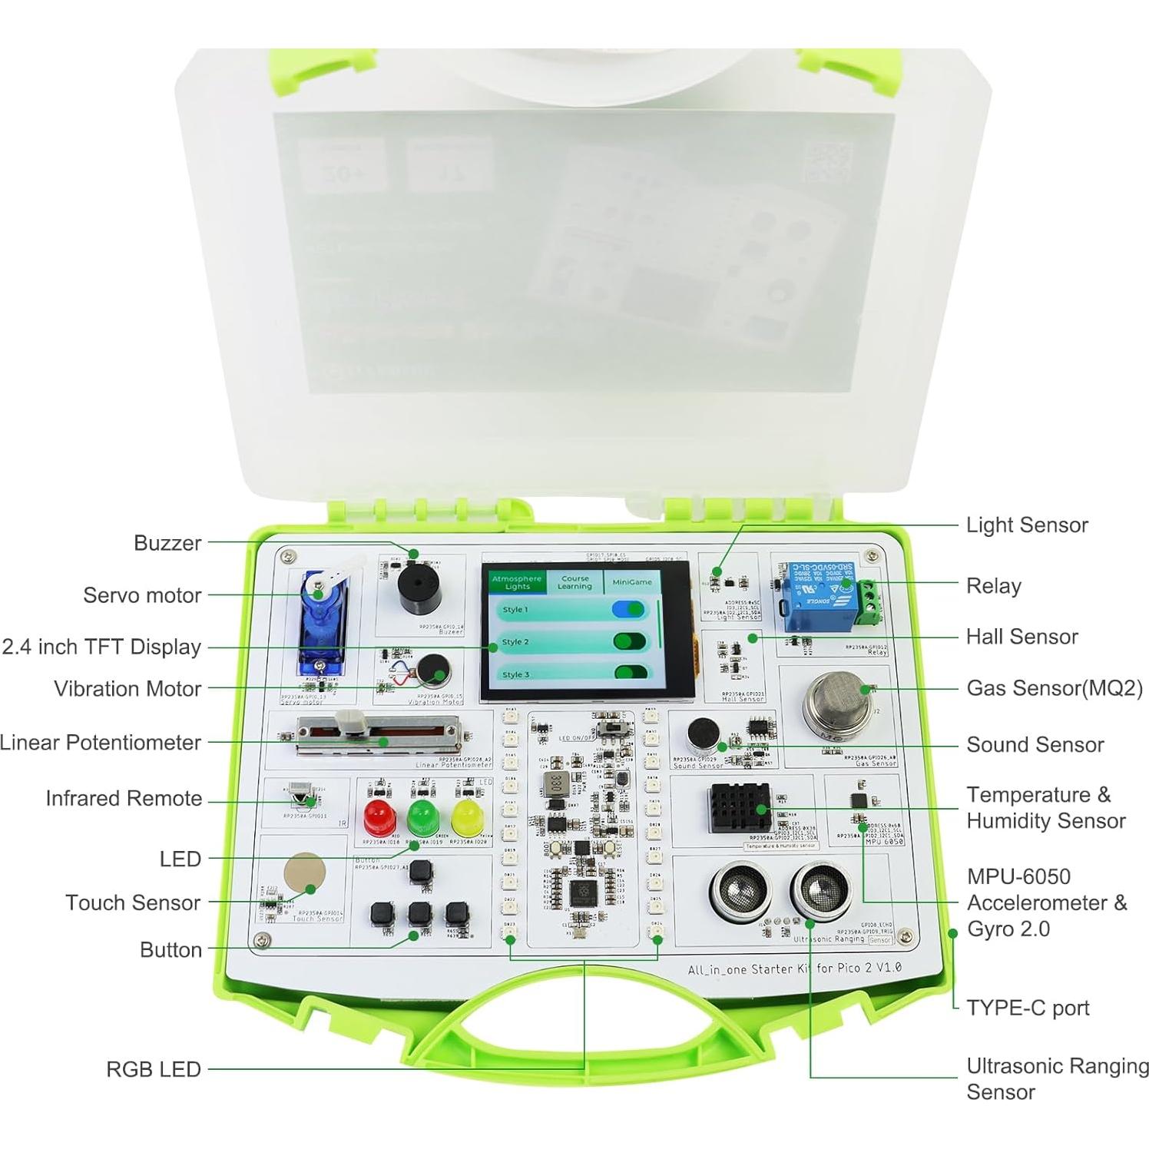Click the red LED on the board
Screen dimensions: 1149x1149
[x=376, y=817]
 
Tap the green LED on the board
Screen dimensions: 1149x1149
[x=421, y=817]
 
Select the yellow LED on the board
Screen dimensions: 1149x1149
[x=466, y=817]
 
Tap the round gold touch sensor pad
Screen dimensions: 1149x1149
[x=304, y=873]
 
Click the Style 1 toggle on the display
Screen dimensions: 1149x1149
[x=629, y=610]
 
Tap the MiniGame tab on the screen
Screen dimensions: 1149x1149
[x=631, y=582]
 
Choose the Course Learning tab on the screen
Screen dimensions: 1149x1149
[x=574, y=582]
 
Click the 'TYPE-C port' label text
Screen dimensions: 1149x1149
[x=1027, y=1008]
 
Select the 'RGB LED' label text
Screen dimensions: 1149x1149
[x=153, y=1069]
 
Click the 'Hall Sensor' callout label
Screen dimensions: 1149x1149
[x=1022, y=637]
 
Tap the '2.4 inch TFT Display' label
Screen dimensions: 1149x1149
[x=101, y=647]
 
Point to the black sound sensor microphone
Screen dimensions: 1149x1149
[x=702, y=734]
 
